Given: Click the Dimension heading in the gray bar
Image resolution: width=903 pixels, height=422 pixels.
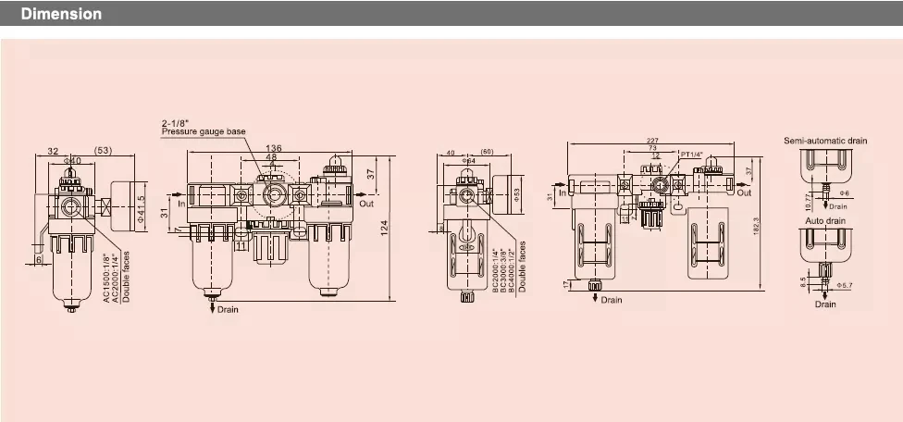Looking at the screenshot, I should (x=61, y=15).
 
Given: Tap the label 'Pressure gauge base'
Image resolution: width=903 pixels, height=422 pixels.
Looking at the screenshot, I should (x=204, y=132).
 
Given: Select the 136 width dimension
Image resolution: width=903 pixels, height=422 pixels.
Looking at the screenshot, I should (x=274, y=148).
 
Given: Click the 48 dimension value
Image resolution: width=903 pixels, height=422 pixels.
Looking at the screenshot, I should (x=271, y=157).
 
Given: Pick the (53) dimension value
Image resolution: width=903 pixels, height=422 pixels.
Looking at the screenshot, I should (x=104, y=150).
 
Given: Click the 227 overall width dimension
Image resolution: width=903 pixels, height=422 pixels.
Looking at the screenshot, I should (x=654, y=141).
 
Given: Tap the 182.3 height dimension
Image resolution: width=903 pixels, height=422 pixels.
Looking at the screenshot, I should (x=757, y=225).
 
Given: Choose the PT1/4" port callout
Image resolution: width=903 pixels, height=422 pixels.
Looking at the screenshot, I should (x=693, y=154).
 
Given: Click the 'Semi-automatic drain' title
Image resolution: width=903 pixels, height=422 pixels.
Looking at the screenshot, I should (x=825, y=141).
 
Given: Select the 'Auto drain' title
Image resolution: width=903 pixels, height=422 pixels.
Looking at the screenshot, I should (x=825, y=222).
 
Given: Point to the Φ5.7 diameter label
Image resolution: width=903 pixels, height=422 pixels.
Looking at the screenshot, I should (x=844, y=285).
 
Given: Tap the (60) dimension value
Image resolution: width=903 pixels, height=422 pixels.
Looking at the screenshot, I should (x=488, y=152).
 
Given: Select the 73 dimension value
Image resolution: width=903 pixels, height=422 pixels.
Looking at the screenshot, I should (x=652, y=148).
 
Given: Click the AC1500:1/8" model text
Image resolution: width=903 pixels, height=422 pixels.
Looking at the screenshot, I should (x=106, y=278).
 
